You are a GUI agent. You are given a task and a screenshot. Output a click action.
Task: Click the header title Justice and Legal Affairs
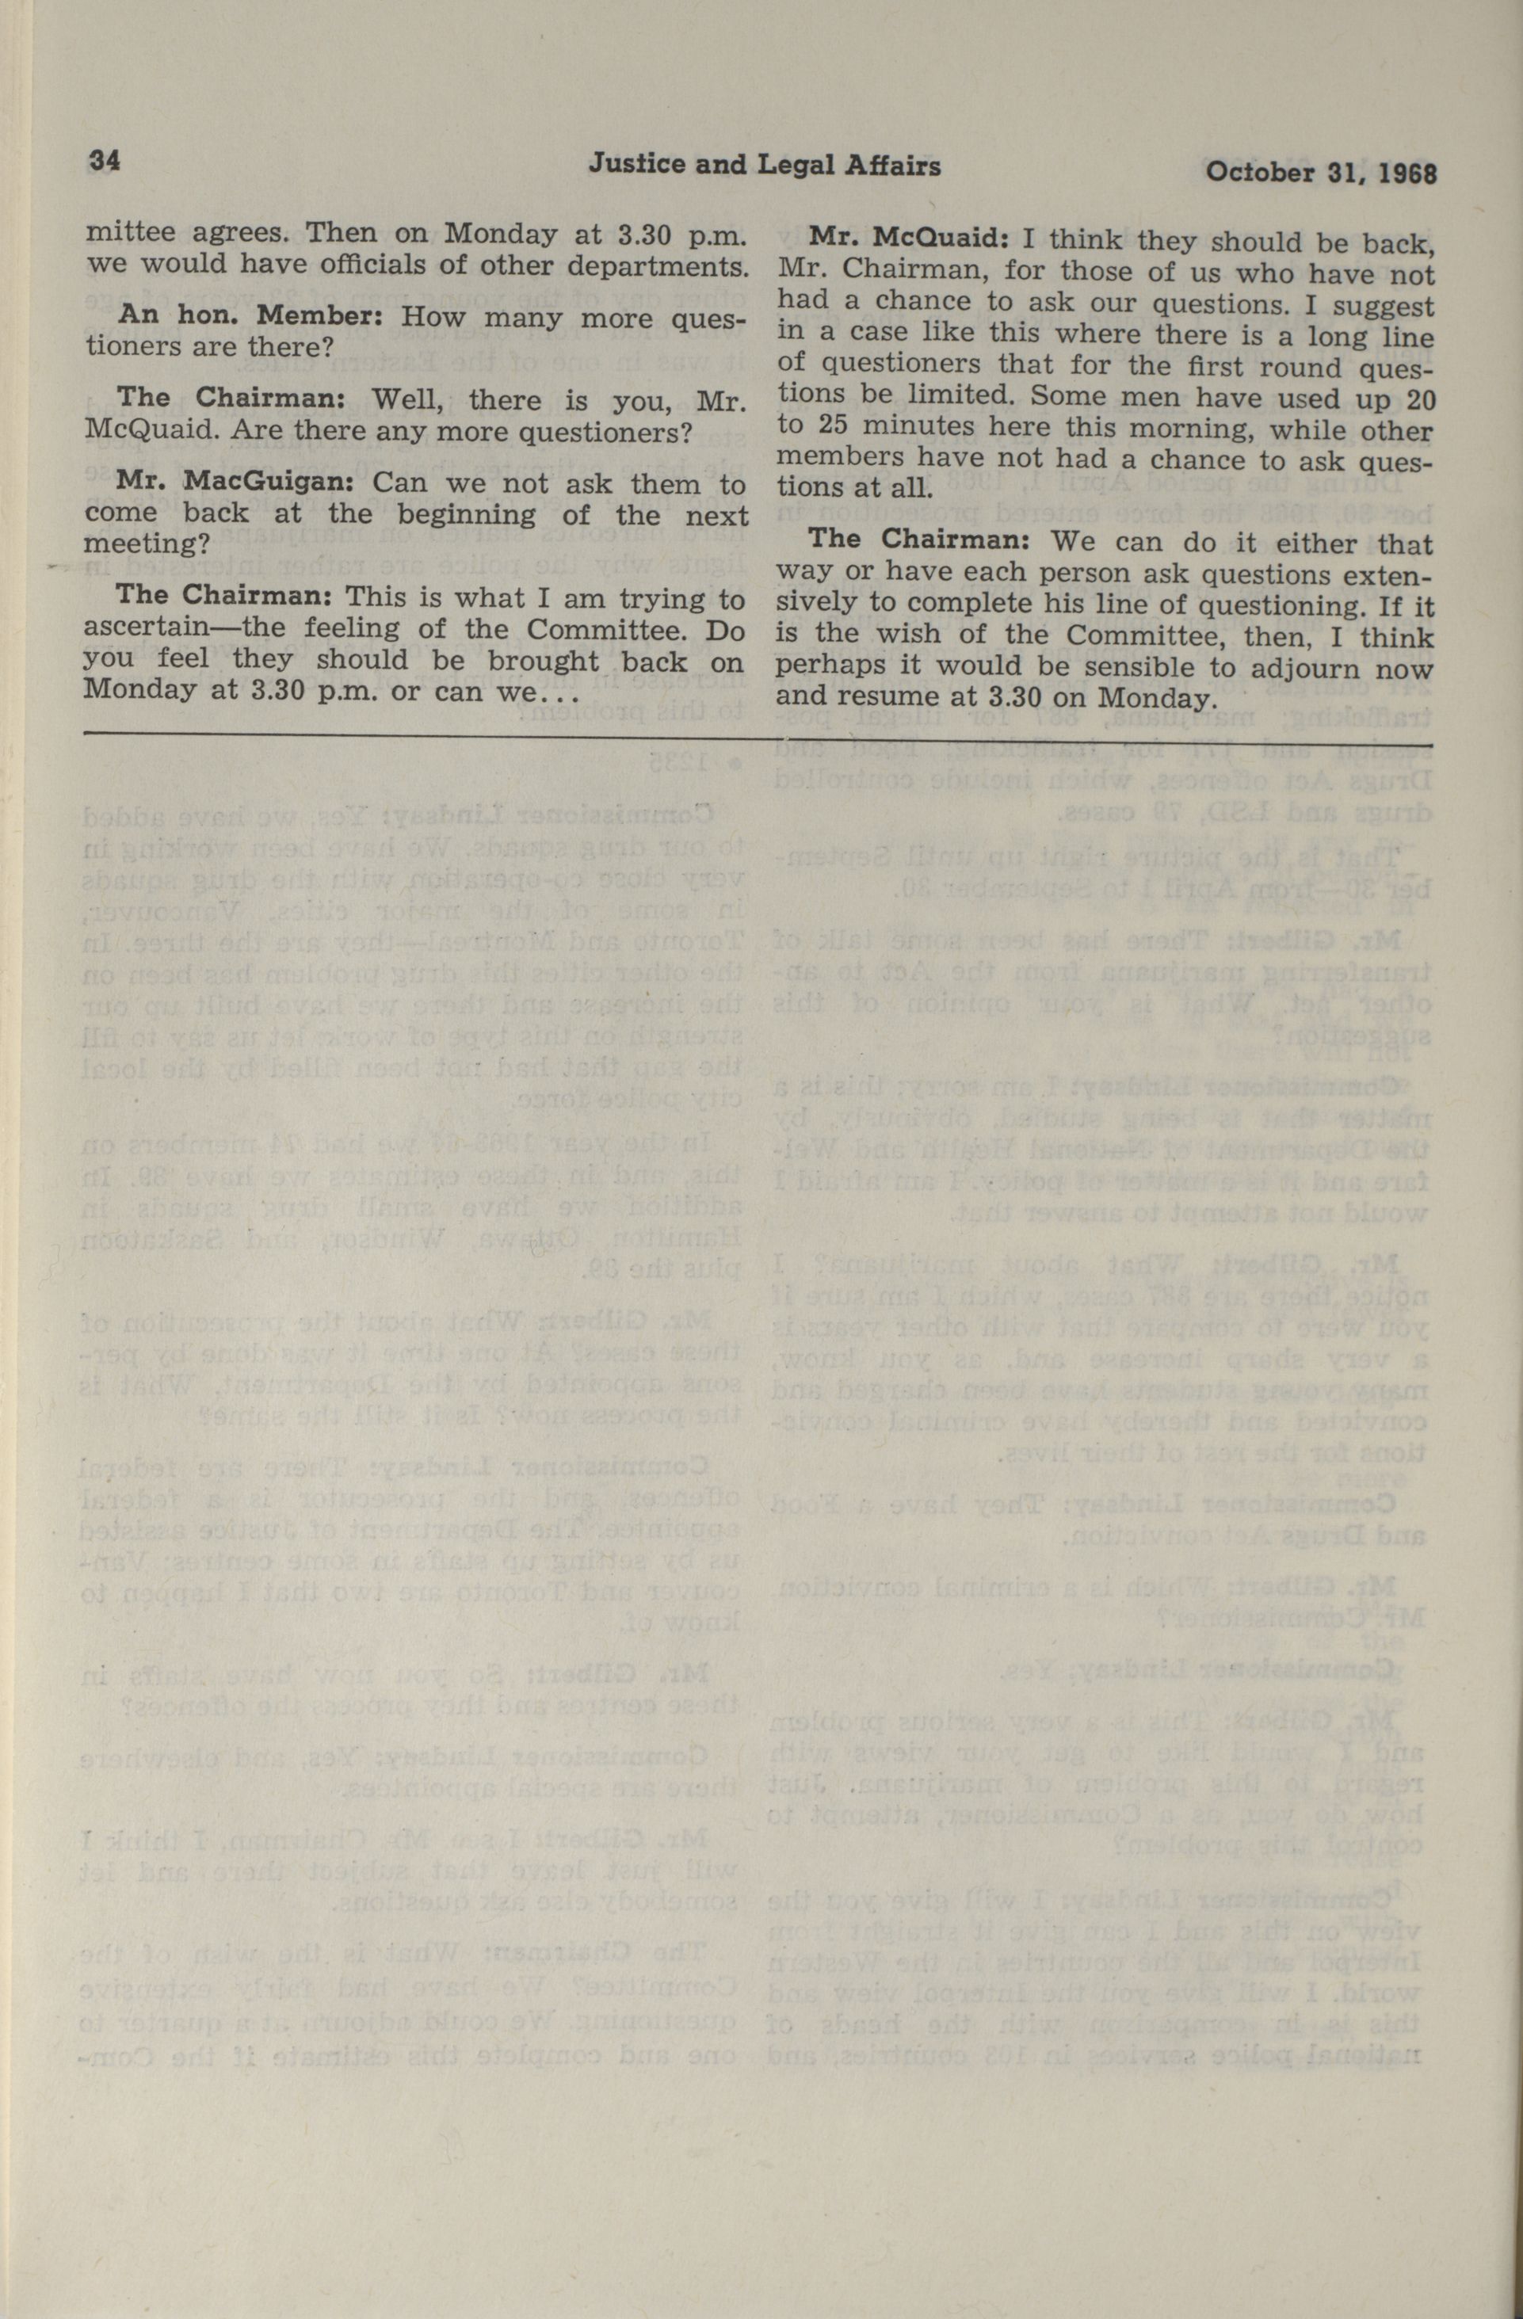tap(764, 166)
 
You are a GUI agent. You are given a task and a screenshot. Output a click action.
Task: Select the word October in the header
tap(1247, 173)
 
